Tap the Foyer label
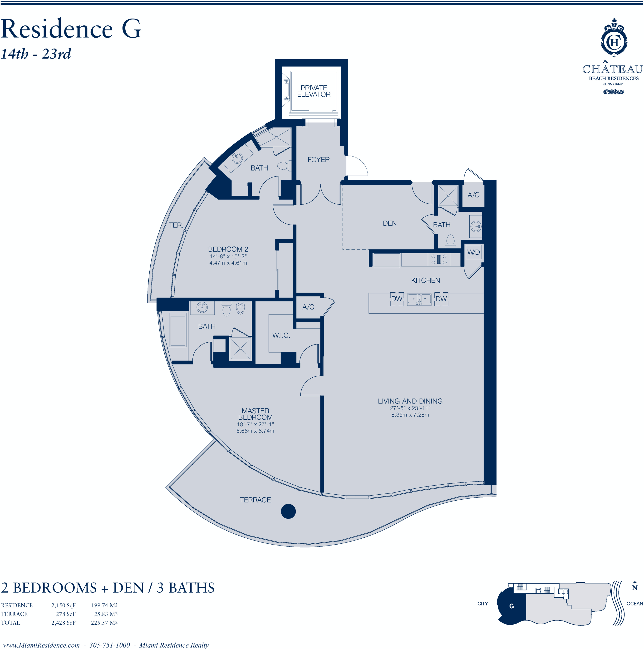(x=319, y=160)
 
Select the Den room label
(x=389, y=223)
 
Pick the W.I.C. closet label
(x=281, y=335)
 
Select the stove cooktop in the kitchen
(x=438, y=259)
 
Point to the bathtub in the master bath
(x=177, y=329)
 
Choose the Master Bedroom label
(x=255, y=414)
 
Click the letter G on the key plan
(x=511, y=606)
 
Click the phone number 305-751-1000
(x=109, y=645)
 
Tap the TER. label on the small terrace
(x=176, y=225)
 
